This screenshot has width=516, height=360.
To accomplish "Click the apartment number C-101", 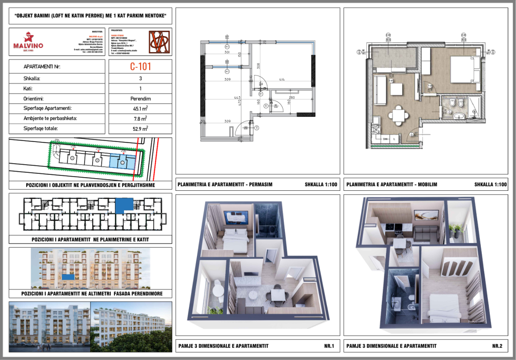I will (x=141, y=66).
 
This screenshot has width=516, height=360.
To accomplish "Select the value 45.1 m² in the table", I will (x=141, y=108).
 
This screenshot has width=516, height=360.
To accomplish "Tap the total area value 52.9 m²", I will (x=141, y=129).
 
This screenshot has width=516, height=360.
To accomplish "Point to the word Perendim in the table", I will (x=141, y=98).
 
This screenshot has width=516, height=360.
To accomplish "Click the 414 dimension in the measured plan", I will (x=282, y=80).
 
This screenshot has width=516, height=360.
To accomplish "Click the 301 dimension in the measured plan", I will (x=227, y=52).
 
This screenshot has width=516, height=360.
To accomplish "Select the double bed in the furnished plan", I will (x=463, y=69).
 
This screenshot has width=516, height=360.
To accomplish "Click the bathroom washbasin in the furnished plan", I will (x=460, y=116).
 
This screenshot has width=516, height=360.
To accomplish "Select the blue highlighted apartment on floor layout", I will (x=124, y=205).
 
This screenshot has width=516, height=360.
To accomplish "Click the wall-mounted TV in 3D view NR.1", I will (x=235, y=215).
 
